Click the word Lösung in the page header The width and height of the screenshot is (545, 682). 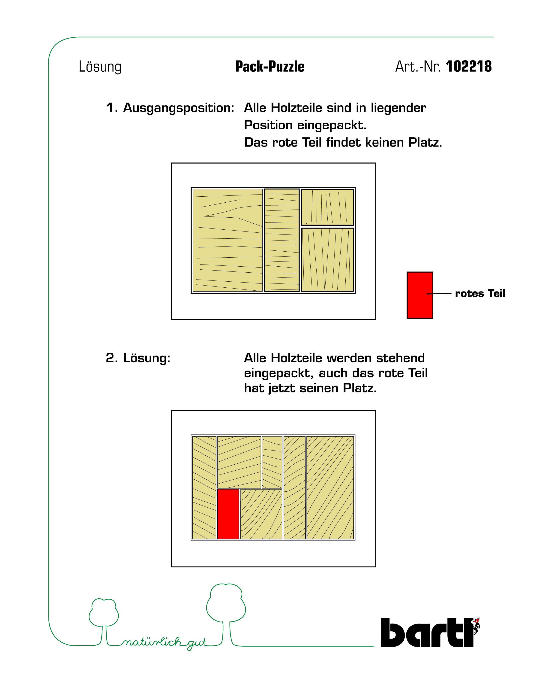100,67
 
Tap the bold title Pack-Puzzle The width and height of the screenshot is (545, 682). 270,67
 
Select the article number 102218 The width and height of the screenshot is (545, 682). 469,67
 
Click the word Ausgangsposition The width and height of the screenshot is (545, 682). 179,108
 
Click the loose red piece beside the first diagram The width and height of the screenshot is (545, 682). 419,295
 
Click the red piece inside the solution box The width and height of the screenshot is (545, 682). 228,514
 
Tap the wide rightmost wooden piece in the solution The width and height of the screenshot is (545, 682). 330,487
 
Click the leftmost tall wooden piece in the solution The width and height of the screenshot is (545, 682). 204,487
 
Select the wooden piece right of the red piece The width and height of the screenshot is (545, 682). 261,514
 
